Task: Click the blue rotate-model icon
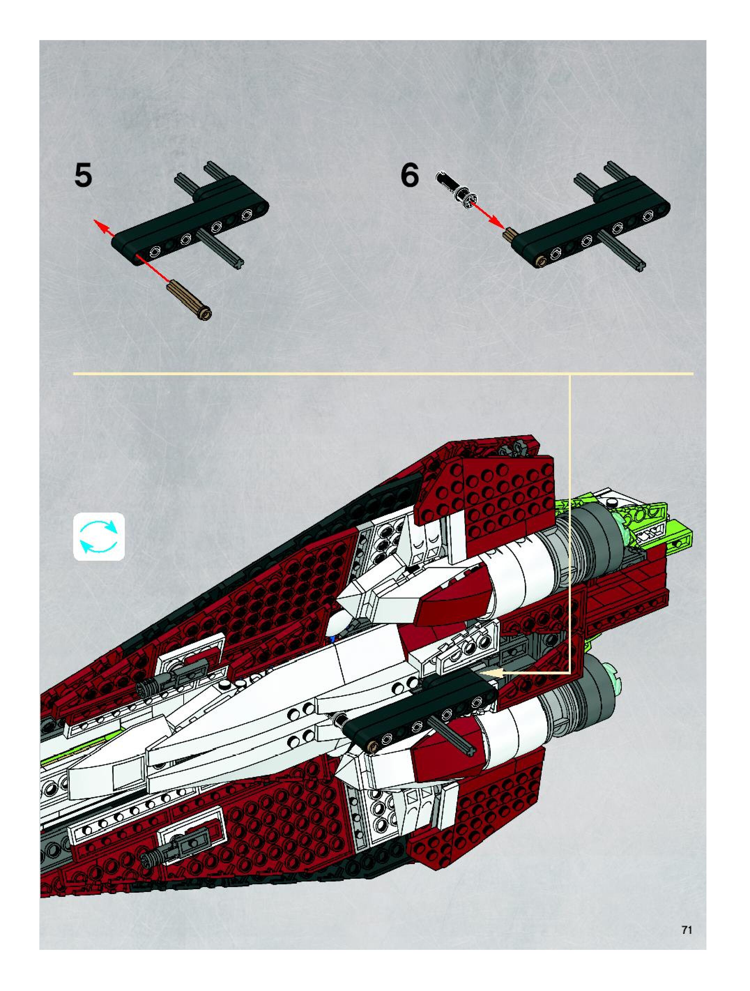(x=99, y=536)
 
